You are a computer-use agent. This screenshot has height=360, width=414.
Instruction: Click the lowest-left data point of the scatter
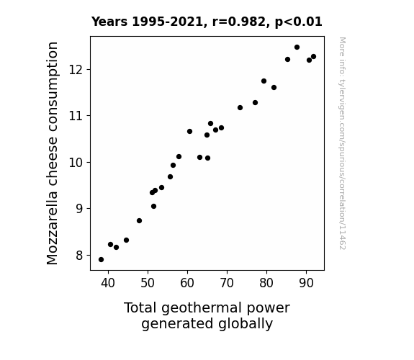click(101, 260)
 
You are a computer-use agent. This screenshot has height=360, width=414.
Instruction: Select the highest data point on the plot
click(297, 48)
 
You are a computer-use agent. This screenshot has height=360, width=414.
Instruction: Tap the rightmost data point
click(313, 57)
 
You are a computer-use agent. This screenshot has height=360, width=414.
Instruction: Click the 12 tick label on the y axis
click(76, 70)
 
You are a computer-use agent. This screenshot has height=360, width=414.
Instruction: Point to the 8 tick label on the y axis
click(78, 256)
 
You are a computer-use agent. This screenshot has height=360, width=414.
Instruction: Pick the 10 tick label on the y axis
click(76, 163)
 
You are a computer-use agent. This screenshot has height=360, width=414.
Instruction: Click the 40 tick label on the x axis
click(108, 283)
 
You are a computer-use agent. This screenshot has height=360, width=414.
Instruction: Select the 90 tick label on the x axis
click(306, 283)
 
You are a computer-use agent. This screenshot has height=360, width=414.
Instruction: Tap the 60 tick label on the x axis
click(187, 283)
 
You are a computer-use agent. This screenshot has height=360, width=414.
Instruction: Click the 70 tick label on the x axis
click(227, 283)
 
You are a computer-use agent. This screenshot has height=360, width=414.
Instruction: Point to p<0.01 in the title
click(299, 22)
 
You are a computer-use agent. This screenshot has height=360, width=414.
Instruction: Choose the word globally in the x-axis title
click(246, 324)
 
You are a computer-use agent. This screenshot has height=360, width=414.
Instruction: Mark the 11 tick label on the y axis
click(76, 116)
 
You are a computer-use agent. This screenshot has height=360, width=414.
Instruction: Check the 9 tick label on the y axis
click(78, 209)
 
